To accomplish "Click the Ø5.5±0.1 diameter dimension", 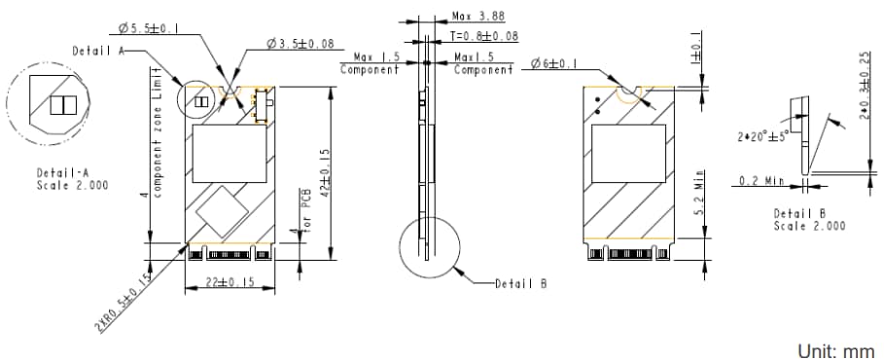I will coord(149,30).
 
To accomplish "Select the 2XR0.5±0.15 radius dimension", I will coord(124,304).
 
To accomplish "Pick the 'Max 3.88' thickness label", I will coord(478,17).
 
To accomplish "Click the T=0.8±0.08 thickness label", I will coord(483,36).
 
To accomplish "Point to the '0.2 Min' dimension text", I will coord(760,180).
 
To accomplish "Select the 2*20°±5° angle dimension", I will coord(764,136).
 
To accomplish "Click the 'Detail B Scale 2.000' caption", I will coord(809,219).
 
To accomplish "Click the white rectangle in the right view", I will coord(629,155).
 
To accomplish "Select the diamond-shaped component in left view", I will coord(221,208).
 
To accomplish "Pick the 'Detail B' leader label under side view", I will coord(520,283).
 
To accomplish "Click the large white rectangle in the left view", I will coord(230,154).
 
